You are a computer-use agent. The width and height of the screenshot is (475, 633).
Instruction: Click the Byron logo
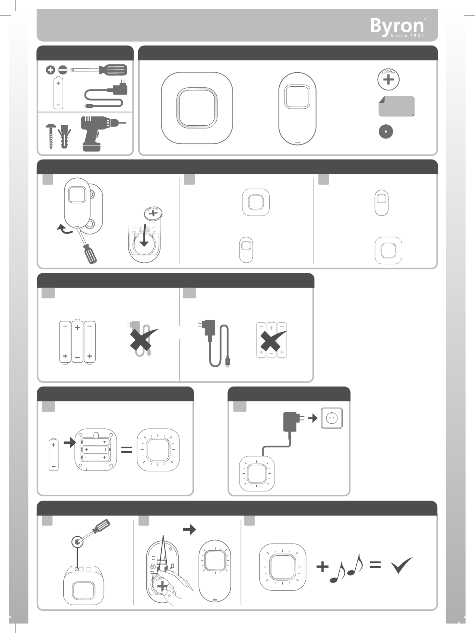pos(397,28)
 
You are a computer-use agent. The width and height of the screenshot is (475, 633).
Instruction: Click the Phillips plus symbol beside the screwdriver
pos(50,70)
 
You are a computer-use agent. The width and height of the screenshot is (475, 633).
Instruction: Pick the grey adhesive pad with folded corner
pos(396,106)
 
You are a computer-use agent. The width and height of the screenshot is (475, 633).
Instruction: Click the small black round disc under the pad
pos(386,132)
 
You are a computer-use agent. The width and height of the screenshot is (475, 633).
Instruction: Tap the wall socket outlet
pos(332,418)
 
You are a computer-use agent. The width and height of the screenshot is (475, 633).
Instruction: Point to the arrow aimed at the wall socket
pos(313,418)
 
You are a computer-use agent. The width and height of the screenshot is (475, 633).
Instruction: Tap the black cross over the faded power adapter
pos(143,339)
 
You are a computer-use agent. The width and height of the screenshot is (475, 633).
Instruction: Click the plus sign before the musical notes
pos(322,567)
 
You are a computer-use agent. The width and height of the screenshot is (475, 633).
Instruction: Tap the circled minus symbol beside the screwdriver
pos(63,70)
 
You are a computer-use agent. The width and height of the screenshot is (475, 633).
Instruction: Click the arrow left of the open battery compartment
pos(69,443)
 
